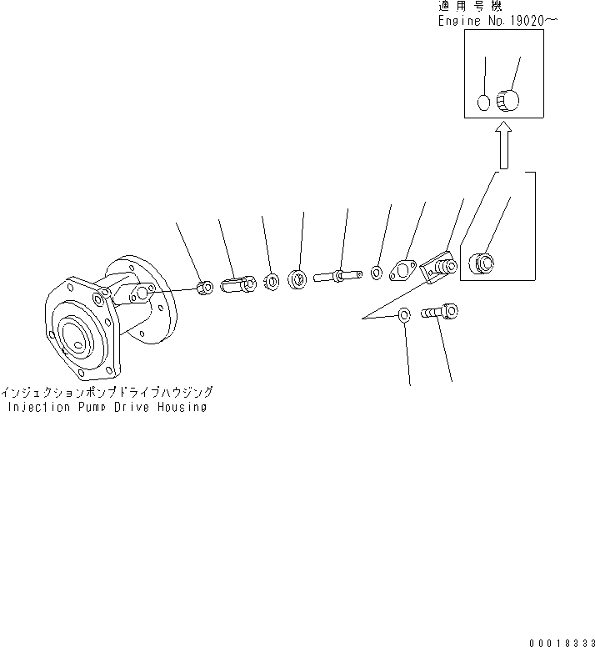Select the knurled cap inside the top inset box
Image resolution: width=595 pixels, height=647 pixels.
coord(507,101)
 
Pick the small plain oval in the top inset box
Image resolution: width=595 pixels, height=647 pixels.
coord(482,103)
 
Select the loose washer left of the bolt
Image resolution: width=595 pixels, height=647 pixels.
coord(404,315)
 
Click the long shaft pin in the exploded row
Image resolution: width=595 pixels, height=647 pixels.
coord(338,274)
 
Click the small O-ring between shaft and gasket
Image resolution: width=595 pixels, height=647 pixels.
coord(377,272)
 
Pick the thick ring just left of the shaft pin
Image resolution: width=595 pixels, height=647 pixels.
coord(298,278)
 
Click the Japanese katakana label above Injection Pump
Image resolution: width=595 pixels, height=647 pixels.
coord(107,391)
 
